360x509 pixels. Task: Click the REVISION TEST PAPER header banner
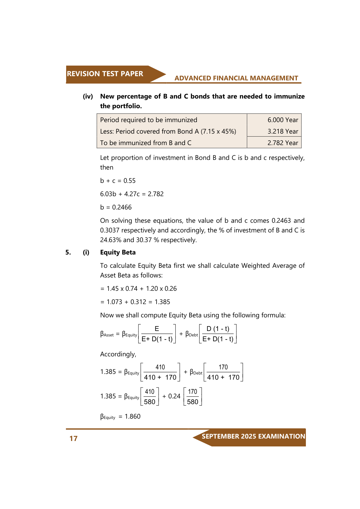pos(105,74)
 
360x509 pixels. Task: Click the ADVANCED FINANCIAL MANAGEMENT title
pos(236,78)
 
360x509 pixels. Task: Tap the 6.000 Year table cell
pos(283,120)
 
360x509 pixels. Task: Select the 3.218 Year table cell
pos(283,131)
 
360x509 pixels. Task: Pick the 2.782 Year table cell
pos(283,143)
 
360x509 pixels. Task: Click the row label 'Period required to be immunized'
pos(148,120)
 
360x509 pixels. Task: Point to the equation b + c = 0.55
pos(118,181)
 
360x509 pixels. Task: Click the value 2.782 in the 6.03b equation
pos(156,194)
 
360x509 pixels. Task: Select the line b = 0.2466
pos(116,207)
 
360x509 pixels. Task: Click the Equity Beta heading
pos(118,252)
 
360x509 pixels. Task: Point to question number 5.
pos(68,252)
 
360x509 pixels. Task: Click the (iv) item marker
pos(88,96)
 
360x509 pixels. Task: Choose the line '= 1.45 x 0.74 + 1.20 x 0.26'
pos(138,289)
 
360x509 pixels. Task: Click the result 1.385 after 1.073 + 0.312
pos(162,302)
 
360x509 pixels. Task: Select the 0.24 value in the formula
pos(174,396)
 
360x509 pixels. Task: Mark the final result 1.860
pos(133,417)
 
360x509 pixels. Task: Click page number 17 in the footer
pos(73,439)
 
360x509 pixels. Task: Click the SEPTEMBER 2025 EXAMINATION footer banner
pos(253,436)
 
